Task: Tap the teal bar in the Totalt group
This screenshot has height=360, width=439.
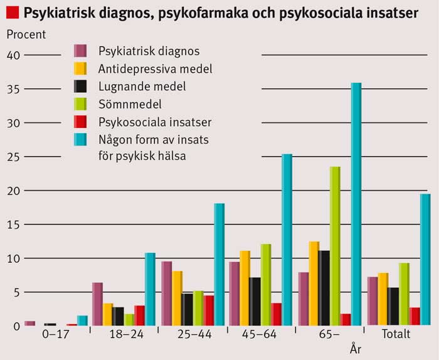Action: pyautogui.click(x=425, y=260)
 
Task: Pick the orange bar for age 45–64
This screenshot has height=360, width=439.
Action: pyautogui.click(x=245, y=288)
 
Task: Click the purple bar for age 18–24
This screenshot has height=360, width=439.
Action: pyautogui.click(x=97, y=304)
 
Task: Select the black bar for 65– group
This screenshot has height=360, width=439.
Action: pyautogui.click(x=324, y=288)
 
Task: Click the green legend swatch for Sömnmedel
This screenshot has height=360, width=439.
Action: pyautogui.click(x=80, y=103)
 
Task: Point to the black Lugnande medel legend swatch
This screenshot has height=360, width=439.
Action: pyautogui.click(x=80, y=86)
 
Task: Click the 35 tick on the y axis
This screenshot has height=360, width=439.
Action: pyautogui.click(x=14, y=89)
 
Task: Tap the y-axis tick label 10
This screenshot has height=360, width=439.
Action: pyautogui.click(x=14, y=258)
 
